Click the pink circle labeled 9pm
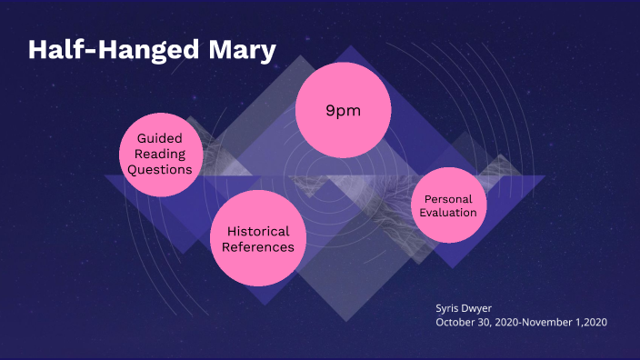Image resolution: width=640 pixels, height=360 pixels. [x=343, y=111]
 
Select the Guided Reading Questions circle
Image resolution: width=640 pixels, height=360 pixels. [x=160, y=154]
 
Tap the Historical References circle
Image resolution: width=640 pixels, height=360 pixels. [x=258, y=238]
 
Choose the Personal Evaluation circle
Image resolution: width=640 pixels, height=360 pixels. [x=448, y=205]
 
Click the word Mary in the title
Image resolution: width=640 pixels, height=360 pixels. [x=242, y=50]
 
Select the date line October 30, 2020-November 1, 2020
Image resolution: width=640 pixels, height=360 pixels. [x=520, y=322]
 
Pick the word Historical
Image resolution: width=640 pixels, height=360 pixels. [x=258, y=231]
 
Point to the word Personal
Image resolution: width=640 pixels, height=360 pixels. [x=448, y=197]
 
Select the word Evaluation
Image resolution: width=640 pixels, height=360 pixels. [x=448, y=212]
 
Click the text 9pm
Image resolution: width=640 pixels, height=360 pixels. [x=343, y=110]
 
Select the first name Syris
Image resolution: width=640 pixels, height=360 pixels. [x=449, y=306]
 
